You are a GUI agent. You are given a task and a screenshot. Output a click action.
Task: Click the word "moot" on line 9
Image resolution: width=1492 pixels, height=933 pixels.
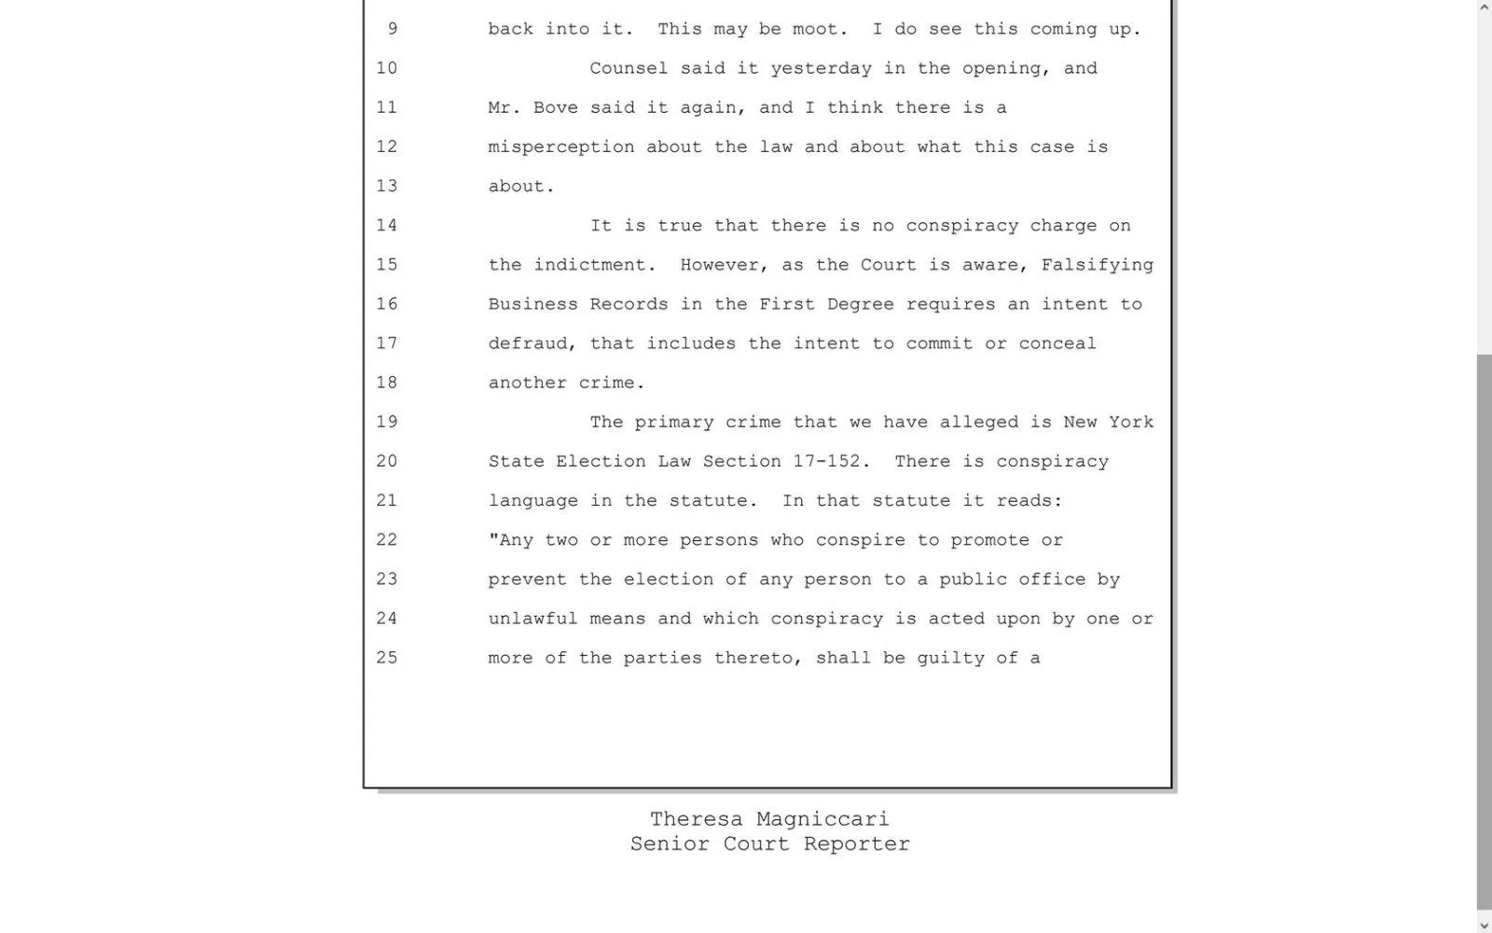821,29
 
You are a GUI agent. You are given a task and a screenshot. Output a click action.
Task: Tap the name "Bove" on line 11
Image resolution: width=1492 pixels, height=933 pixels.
556,107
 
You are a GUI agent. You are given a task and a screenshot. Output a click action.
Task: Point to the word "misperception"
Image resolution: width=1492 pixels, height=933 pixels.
561,146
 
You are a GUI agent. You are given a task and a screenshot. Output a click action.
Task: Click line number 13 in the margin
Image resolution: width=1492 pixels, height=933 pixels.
386,186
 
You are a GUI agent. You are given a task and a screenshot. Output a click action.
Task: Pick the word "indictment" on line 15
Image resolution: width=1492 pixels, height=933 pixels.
589,265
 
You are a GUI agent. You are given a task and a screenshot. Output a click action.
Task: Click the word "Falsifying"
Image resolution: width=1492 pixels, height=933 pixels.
1097,265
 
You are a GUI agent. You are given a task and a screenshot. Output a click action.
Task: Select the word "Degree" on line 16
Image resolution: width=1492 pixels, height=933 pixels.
860,304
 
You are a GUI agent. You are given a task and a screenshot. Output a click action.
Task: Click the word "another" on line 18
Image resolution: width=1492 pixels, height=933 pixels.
527,383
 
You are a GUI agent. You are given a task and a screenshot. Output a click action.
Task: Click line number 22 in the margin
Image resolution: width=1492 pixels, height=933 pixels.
386,540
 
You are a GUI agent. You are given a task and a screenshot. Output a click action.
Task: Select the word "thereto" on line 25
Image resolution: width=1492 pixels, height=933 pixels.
758,658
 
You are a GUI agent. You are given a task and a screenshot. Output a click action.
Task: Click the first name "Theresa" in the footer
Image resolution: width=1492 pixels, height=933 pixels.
696,819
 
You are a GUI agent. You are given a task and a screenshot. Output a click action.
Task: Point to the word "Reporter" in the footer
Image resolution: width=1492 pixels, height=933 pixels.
856,843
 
